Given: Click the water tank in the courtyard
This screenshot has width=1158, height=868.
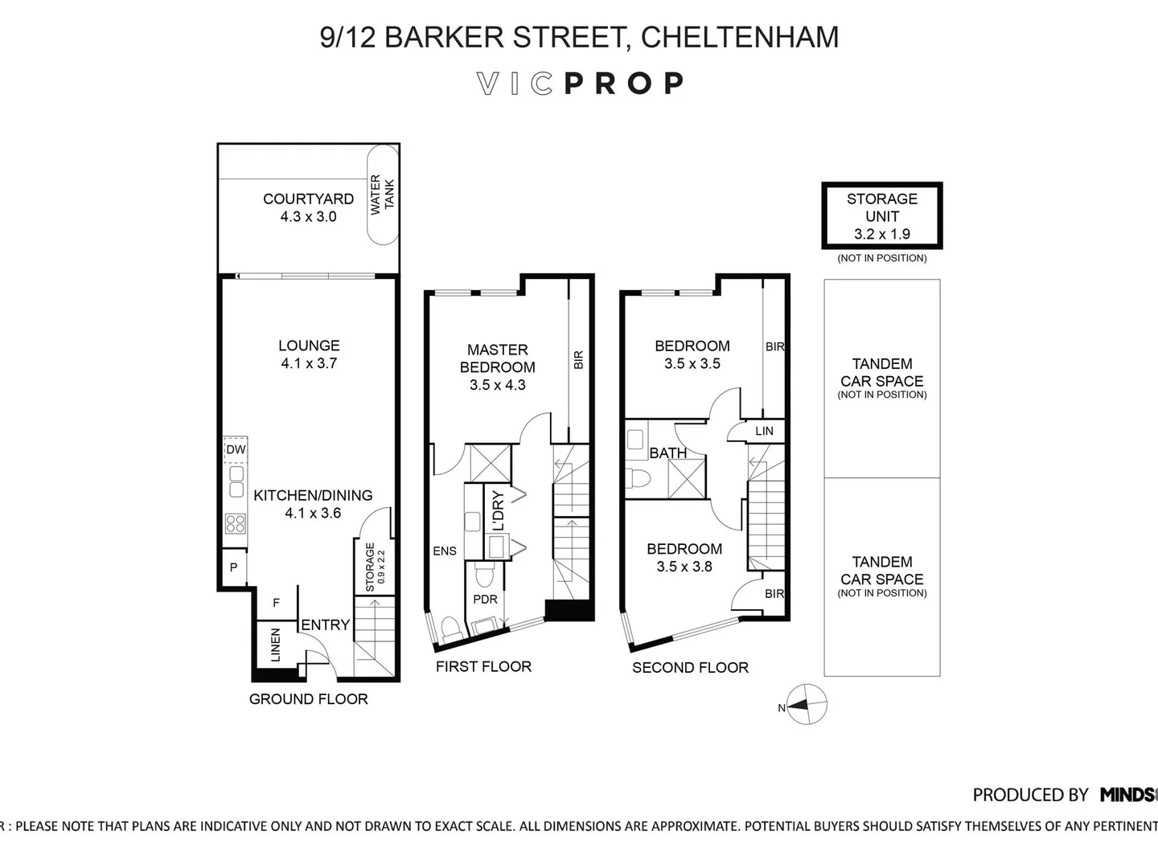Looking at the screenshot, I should (x=382, y=194).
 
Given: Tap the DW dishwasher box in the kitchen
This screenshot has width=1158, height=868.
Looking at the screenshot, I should (x=236, y=450).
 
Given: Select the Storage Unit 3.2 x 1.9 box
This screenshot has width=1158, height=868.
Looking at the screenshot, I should (x=881, y=216).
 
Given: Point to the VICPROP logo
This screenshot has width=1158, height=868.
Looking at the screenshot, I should (x=580, y=84).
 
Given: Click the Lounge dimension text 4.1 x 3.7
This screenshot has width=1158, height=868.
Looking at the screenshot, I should (x=309, y=363).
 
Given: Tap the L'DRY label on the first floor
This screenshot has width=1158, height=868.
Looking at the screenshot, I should (x=498, y=510).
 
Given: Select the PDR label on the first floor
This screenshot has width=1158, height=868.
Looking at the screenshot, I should (x=485, y=599).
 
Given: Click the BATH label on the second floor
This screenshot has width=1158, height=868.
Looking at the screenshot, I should (x=667, y=453).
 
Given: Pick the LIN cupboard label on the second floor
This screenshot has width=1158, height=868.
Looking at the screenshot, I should (x=764, y=431).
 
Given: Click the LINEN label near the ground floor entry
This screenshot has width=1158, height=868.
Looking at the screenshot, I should (x=276, y=645).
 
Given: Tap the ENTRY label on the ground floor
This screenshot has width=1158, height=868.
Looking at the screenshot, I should (x=325, y=624).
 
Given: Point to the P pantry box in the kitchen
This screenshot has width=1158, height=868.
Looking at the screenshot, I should (x=233, y=567).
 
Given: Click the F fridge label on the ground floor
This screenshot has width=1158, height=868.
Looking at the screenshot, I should (x=276, y=603).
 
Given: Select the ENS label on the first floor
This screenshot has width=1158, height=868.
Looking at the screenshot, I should (x=444, y=551).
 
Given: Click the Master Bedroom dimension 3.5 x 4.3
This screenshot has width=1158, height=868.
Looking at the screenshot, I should (x=497, y=385).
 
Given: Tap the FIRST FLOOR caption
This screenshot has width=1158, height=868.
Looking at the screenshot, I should (x=483, y=666).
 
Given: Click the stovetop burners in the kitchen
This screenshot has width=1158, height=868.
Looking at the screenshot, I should (x=236, y=524).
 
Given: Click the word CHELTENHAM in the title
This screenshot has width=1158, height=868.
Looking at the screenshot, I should (x=740, y=37).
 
